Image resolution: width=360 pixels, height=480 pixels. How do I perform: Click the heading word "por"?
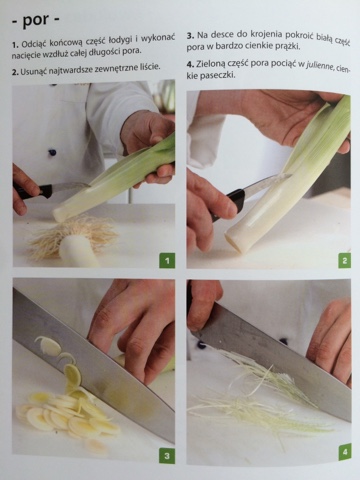point(35,22)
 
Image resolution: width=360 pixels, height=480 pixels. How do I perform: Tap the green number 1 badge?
point(167,260)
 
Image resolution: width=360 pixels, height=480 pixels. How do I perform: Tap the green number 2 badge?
point(344,260)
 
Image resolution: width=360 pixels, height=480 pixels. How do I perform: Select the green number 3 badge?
point(167,455)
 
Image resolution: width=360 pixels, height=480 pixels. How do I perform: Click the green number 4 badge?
point(345,452)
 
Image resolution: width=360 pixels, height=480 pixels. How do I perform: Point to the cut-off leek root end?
point(75,243)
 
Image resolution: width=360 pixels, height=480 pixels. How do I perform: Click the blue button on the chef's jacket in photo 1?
point(52,152)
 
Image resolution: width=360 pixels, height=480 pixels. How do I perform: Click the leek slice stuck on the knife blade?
point(49,345)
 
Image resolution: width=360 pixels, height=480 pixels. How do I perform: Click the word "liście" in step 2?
point(150,68)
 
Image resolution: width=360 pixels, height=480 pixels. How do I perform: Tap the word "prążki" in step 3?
point(287,45)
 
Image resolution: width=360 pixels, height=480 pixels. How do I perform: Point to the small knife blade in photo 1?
point(71,187)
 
